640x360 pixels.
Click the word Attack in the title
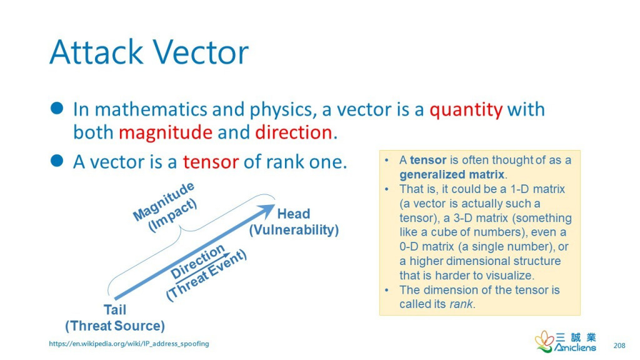click(96, 52)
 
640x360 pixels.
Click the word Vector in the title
click(201, 52)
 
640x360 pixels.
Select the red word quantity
click(466, 110)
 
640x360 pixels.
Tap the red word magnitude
click(165, 132)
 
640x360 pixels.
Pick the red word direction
click(294, 132)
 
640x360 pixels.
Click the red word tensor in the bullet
click(210, 162)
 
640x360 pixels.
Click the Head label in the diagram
click(294, 214)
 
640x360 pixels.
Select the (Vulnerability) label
click(294, 230)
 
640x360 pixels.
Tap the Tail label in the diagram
click(115, 310)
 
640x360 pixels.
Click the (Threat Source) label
click(115, 326)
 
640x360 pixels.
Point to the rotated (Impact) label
click(172, 216)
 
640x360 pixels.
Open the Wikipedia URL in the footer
click(129, 344)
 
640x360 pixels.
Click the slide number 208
click(619, 346)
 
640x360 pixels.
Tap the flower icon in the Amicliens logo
click(544, 341)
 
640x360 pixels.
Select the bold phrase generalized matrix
click(452, 175)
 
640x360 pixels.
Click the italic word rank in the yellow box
click(461, 304)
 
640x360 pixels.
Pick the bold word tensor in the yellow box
click(428, 160)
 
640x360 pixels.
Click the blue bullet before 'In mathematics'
click(57, 108)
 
